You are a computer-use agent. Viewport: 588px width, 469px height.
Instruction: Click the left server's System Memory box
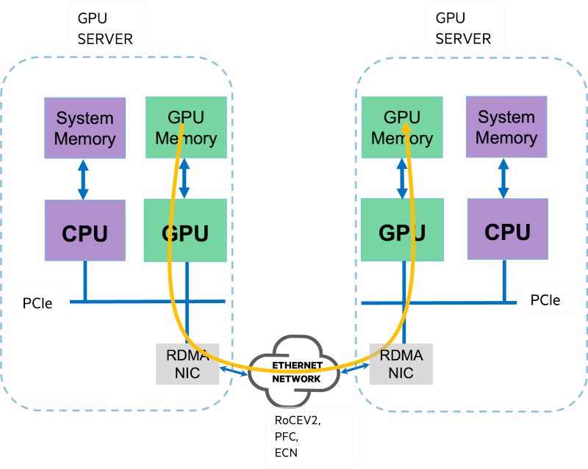(x=85, y=128)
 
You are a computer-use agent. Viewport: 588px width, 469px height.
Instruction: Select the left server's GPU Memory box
(x=186, y=127)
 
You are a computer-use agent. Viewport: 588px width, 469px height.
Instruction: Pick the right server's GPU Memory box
(x=401, y=127)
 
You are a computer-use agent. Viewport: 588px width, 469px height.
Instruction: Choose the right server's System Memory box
(x=506, y=127)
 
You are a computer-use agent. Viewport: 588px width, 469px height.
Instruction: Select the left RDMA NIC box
(x=188, y=364)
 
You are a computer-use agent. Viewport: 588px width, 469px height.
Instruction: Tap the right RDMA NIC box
(x=401, y=364)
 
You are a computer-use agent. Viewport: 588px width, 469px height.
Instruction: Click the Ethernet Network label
(x=297, y=372)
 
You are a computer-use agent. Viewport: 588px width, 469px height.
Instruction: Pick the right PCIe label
(x=545, y=299)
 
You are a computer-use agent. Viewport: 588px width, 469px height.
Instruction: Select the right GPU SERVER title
(x=463, y=27)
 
